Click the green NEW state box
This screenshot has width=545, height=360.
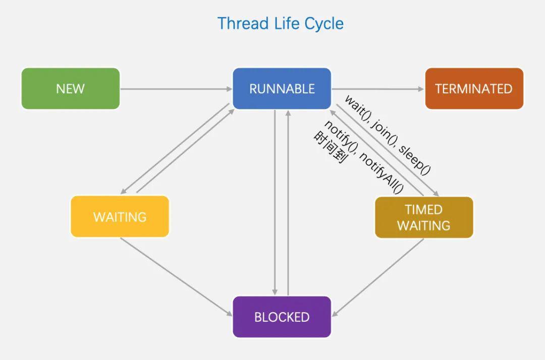coord(71,89)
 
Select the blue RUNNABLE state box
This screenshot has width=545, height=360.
coord(282,89)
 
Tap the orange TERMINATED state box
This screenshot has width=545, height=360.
coord(474,89)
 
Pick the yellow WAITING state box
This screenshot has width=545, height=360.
coord(120,217)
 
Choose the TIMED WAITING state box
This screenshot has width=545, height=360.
coord(424,217)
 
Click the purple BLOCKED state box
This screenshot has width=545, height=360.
coord(282,317)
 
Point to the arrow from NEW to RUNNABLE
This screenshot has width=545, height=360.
coord(176,89)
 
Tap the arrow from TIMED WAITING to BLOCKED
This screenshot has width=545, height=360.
coord(378,277)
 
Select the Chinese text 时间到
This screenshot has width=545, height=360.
coord(329,147)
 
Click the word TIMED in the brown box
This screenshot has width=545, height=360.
coord(423,209)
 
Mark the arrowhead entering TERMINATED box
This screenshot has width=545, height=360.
coord(421,89)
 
